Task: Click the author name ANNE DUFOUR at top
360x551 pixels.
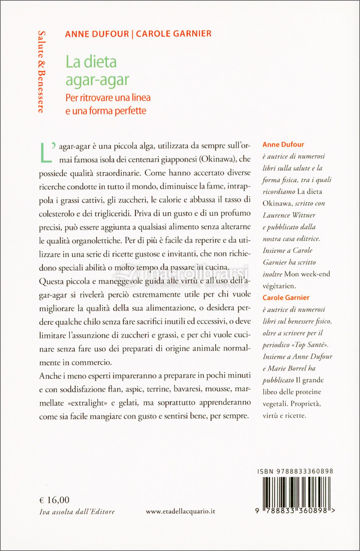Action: [97, 34]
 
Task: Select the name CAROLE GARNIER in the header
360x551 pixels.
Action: [173, 34]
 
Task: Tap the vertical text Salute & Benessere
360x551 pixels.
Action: [42, 72]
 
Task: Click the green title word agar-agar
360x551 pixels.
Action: [97, 80]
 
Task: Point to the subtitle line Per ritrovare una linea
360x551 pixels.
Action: [108, 98]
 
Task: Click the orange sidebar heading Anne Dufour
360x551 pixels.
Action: [283, 145]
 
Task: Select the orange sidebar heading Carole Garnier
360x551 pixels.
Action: [286, 298]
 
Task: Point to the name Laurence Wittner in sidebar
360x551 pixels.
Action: [289, 215]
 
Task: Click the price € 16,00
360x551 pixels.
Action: [54, 500]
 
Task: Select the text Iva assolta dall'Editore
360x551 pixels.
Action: [77, 512]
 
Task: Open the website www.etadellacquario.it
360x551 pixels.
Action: [180, 511]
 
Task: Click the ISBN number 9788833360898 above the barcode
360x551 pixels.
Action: [304, 471]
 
